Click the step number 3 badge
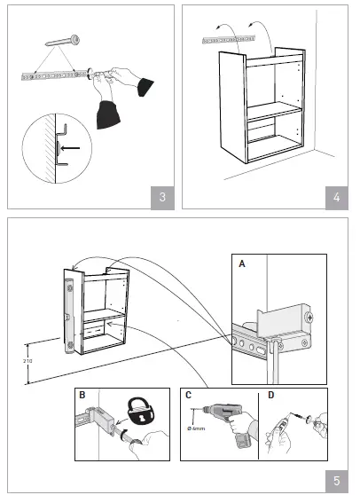162,198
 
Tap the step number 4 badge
337,198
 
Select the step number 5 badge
337,481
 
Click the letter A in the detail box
242,263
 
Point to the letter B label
82,395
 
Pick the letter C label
188,395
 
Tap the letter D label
271,395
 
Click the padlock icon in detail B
140,411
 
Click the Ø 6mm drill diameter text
196,428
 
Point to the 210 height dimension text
27,360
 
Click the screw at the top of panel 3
62,41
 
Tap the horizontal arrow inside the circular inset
70,148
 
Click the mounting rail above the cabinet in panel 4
229,39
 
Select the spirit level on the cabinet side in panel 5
69,317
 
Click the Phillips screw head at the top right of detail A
309,318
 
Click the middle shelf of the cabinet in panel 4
274,112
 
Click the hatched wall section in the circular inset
50,149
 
